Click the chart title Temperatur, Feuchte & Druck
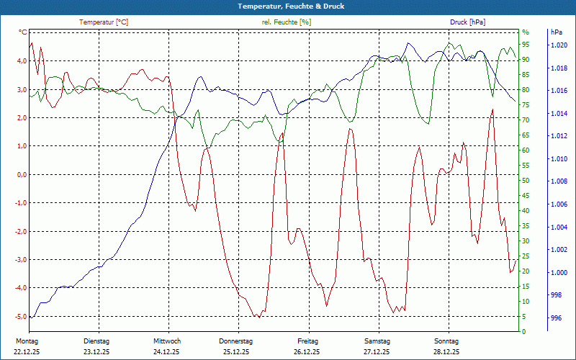[288, 6]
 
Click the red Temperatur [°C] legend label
[104, 22]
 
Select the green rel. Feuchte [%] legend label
[287, 22]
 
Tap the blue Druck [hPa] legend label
[467, 22]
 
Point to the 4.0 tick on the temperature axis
[21, 61]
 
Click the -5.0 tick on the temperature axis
[20, 316]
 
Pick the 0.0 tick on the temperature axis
[21, 174]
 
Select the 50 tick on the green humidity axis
[526, 181]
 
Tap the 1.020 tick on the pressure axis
[559, 45]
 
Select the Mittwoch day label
[166, 341]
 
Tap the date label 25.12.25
[236, 352]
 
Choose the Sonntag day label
[446, 341]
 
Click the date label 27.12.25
[377, 352]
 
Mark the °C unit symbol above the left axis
[23, 32]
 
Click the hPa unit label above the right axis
[557, 32]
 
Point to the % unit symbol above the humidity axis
[526, 32]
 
